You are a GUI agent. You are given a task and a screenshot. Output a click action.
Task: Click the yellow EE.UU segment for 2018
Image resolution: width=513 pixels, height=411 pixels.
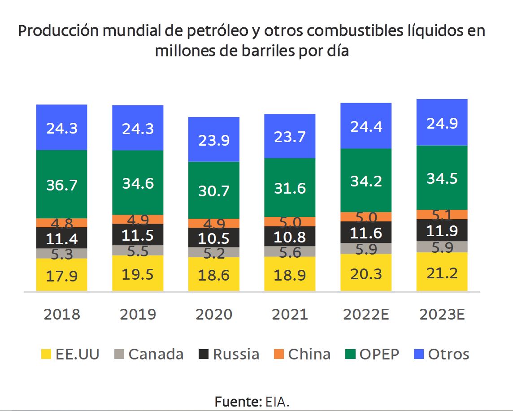tap(61, 275)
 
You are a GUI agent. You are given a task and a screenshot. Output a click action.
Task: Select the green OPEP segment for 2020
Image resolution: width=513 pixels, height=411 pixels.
tap(213, 190)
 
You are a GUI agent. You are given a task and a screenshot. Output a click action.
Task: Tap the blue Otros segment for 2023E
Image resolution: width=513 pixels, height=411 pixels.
tap(442, 122)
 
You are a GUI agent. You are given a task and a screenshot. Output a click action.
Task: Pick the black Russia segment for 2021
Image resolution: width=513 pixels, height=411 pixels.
tap(290, 236)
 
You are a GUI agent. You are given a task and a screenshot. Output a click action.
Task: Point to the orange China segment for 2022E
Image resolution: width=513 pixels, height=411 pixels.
tap(366, 216)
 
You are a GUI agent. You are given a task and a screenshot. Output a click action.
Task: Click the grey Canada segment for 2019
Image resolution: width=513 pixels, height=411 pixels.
tap(138, 250)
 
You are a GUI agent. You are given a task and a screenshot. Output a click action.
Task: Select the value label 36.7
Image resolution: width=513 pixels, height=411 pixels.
tap(61, 185)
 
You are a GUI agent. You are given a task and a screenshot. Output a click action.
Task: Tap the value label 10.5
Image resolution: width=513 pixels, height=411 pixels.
tap(213, 238)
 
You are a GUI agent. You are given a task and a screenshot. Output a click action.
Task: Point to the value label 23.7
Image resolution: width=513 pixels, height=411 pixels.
tap(290, 136)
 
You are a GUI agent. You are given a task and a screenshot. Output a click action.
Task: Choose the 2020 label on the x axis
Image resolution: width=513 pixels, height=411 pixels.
tap(214, 314)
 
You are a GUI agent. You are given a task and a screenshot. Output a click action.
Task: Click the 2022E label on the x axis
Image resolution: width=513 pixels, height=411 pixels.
tap(366, 314)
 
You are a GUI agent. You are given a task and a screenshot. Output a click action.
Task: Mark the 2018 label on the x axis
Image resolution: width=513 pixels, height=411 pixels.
tap(62, 314)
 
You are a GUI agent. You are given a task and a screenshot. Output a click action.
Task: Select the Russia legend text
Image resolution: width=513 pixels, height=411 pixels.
tap(236, 354)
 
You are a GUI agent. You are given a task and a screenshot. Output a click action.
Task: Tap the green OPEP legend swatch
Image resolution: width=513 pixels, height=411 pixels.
tap(351, 355)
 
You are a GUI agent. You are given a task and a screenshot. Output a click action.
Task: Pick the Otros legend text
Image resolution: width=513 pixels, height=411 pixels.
tap(448, 354)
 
